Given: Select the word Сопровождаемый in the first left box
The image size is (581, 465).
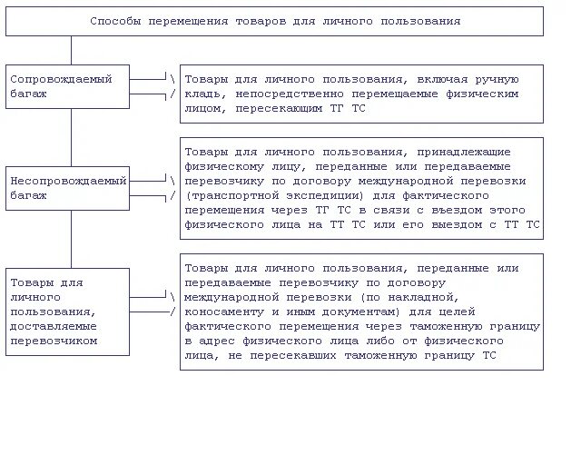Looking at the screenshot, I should (61, 79).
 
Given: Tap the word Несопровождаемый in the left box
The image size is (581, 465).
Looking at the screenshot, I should (68, 181).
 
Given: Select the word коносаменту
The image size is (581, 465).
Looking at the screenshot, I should (225, 312).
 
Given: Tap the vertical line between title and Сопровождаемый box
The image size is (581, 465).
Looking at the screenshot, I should (72, 50).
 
